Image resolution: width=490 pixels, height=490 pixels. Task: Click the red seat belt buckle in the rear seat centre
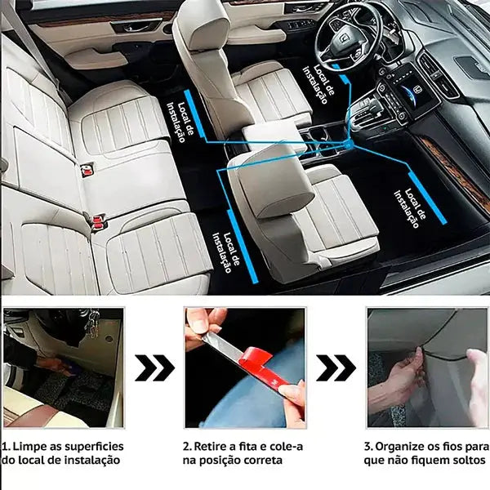[87, 169]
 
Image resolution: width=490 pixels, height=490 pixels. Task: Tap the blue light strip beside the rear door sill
[194, 114]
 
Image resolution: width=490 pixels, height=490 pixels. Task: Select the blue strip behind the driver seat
[243, 247]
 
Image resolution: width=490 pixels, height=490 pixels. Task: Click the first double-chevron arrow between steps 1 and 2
[154, 367]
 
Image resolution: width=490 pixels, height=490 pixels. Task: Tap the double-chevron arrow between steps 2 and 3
[336, 367]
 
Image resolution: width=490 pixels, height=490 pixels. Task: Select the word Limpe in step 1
[27, 447]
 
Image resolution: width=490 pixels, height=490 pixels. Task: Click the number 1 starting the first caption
[4, 447]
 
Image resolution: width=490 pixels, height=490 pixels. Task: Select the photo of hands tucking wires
[427, 367]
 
